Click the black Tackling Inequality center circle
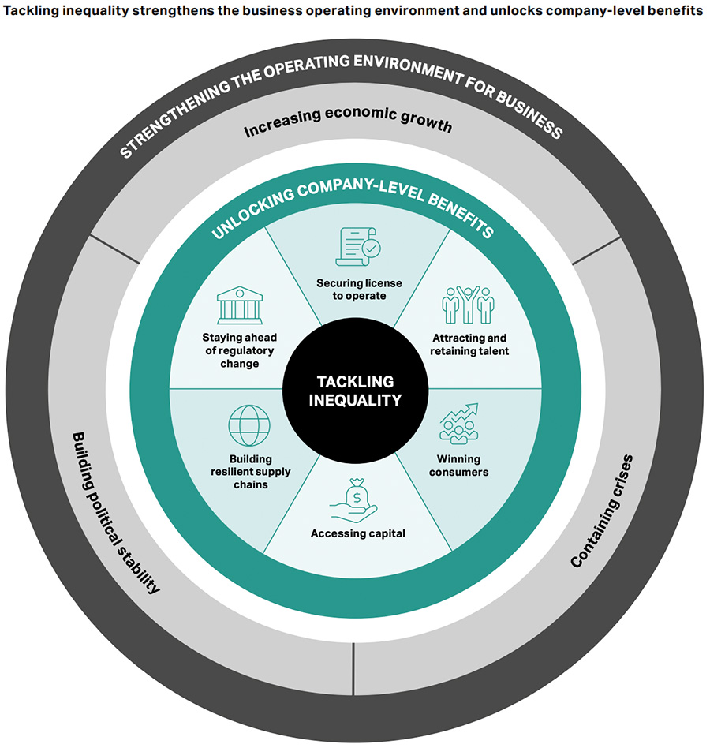pyautogui.click(x=355, y=390)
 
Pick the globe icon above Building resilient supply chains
pyautogui.click(x=249, y=425)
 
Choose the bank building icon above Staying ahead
pyautogui.click(x=239, y=306)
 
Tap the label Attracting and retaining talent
pyautogui.click(x=470, y=344)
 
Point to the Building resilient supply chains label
pyautogui.click(x=249, y=471)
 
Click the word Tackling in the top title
pyautogui.click(x=31, y=13)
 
